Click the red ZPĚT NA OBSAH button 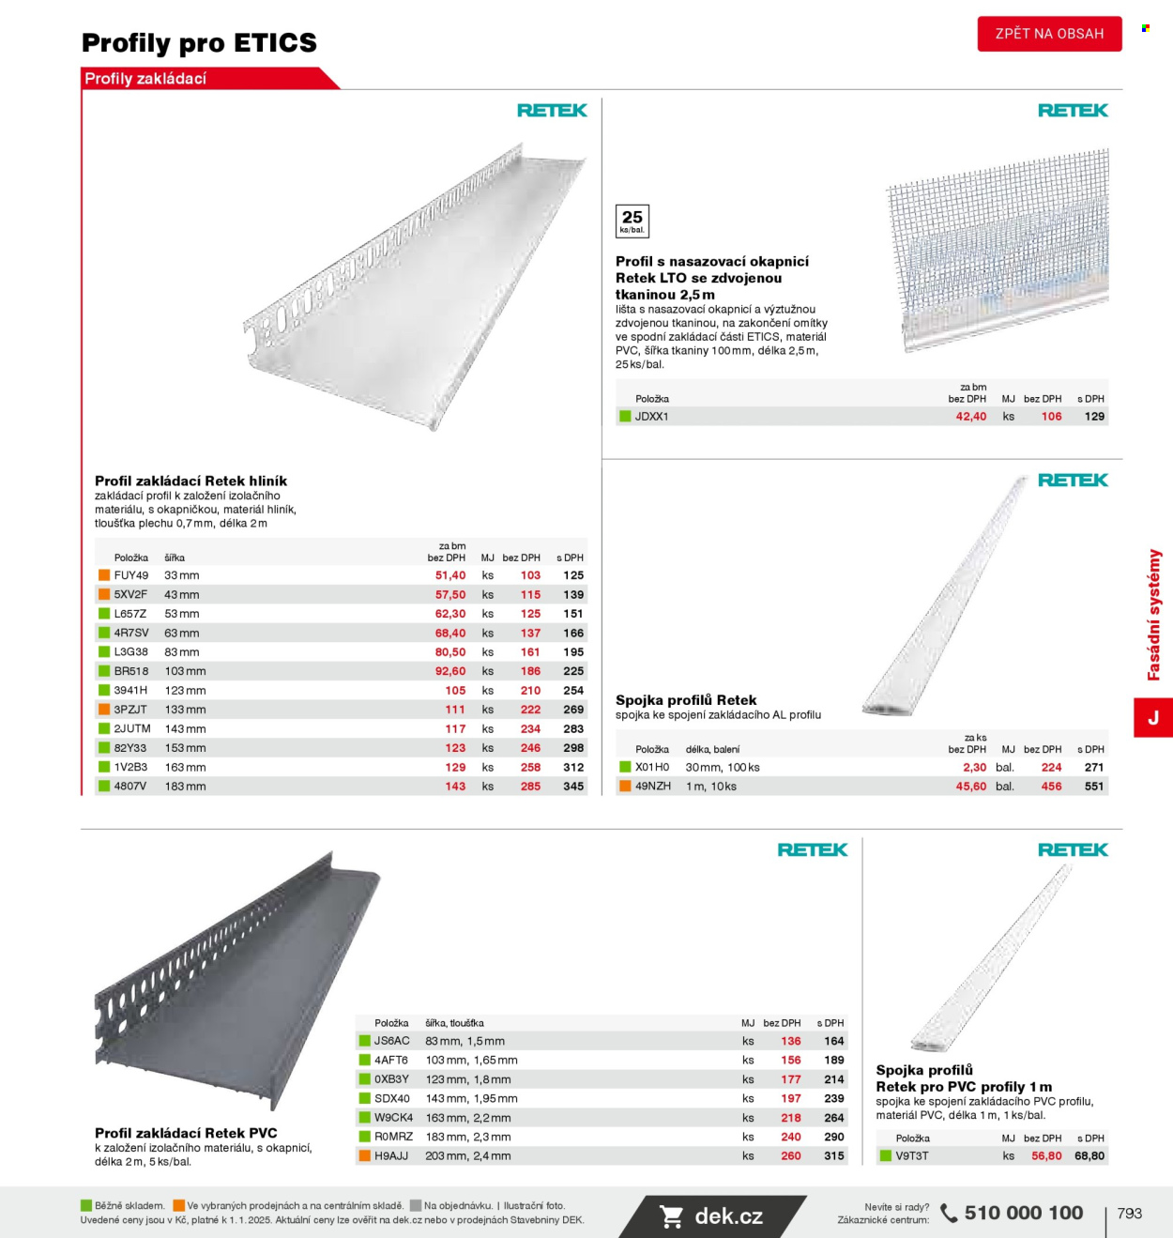(x=1049, y=34)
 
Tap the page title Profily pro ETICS (x=199, y=43)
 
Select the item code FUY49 (x=131, y=575)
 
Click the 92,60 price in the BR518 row (x=450, y=671)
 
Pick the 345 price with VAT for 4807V (x=573, y=787)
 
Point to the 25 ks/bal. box (x=632, y=221)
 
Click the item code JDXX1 (x=651, y=417)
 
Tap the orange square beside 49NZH (x=625, y=786)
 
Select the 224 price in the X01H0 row (x=1051, y=768)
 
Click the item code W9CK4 (x=393, y=1118)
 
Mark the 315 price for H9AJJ (x=834, y=1156)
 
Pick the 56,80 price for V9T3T (x=1046, y=1156)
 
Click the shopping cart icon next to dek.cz (x=672, y=1217)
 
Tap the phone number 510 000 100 (x=1024, y=1213)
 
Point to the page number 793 (x=1130, y=1214)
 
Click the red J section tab (x=1153, y=718)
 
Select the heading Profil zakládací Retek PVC (x=186, y=1133)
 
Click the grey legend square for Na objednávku (x=416, y=1206)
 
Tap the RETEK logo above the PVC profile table (x=813, y=850)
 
